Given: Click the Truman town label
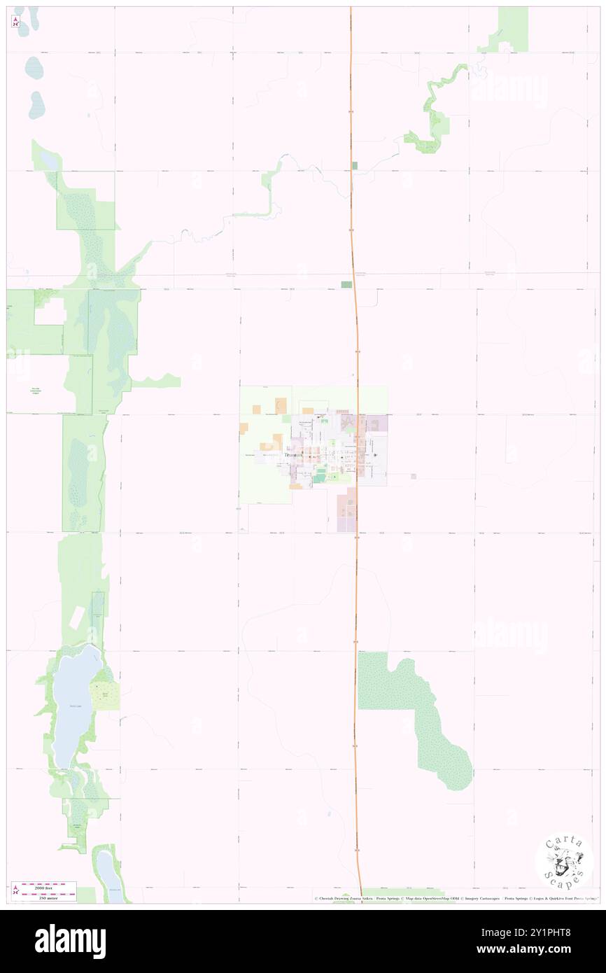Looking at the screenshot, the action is [x=294, y=455].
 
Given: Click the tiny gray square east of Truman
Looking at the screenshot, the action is [x=414, y=476].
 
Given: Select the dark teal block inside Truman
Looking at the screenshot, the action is [x=320, y=477].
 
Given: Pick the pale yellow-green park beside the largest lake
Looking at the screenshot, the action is [x=107, y=696].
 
